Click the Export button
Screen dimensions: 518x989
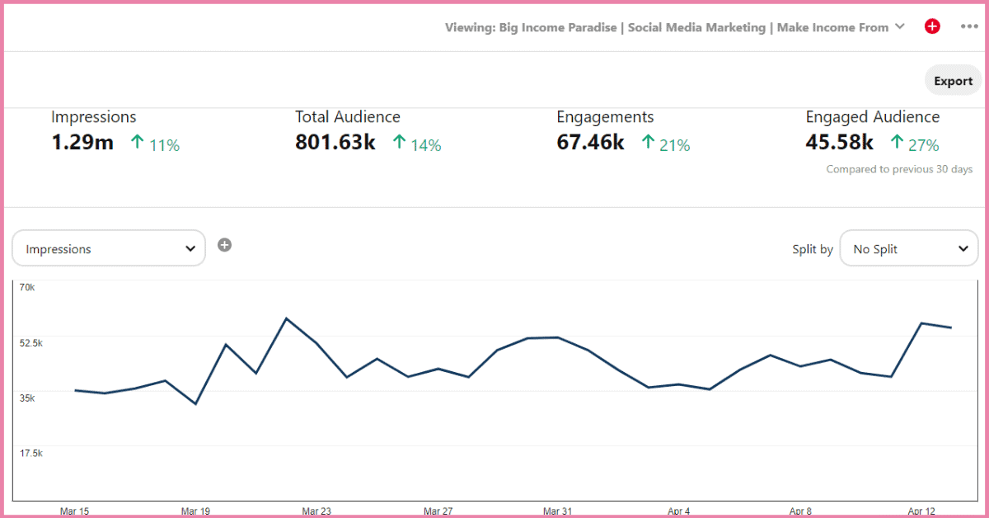click(x=953, y=81)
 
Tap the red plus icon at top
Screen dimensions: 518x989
click(x=932, y=26)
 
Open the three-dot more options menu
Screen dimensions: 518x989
click(x=969, y=26)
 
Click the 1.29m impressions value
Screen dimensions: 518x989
click(x=82, y=143)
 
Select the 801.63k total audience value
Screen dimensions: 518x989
click(x=335, y=143)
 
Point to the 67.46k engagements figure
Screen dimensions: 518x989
click(x=590, y=143)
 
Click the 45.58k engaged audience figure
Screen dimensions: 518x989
click(x=839, y=143)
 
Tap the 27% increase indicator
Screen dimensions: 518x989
click(x=915, y=144)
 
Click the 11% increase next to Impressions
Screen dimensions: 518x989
click(x=155, y=144)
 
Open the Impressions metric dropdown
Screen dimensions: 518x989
click(x=109, y=248)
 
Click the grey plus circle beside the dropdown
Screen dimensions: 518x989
click(x=224, y=245)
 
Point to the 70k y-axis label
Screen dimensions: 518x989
click(x=27, y=287)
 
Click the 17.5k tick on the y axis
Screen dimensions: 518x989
click(x=30, y=453)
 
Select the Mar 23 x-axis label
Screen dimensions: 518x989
click(x=316, y=511)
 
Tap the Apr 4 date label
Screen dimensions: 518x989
click(x=677, y=511)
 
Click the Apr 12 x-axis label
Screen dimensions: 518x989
click(x=921, y=511)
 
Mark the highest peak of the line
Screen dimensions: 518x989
click(x=285, y=318)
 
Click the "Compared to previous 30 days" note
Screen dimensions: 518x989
click(x=899, y=169)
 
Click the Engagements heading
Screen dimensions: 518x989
click(x=605, y=117)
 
